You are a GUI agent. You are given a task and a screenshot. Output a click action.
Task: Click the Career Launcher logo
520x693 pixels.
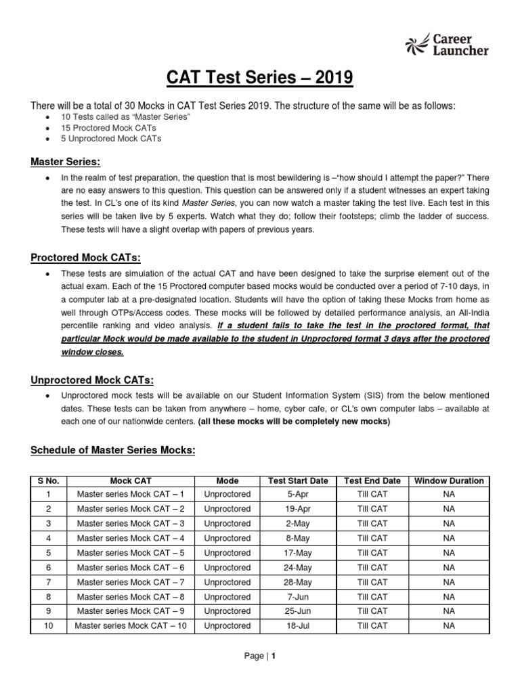tap(446, 44)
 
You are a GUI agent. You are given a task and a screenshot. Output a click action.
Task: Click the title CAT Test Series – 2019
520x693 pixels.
tap(260, 79)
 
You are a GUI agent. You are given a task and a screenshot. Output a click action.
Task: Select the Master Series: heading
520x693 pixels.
tap(65, 162)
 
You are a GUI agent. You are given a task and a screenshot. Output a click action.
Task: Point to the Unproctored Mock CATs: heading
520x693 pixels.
tap(91, 380)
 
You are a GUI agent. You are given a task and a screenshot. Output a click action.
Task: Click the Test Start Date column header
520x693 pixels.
tap(298, 480)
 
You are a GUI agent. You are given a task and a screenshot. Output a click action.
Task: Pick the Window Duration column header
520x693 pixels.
tap(449, 480)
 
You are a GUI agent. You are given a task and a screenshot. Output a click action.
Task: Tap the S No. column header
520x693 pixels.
tap(49, 480)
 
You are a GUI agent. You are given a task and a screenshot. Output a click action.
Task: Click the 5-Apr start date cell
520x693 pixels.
tap(298, 495)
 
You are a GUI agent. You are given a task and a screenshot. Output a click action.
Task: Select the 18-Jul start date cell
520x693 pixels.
tap(298, 626)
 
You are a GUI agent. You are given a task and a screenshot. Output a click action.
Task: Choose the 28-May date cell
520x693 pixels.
tap(298, 582)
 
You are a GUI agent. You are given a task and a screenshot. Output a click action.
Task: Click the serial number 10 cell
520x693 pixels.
tap(49, 626)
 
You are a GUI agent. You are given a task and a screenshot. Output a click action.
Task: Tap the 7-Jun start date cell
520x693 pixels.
tap(298, 597)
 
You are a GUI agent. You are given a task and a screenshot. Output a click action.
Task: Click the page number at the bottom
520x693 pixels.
tap(260, 656)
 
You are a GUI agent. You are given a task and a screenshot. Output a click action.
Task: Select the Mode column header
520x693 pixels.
tap(227, 480)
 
